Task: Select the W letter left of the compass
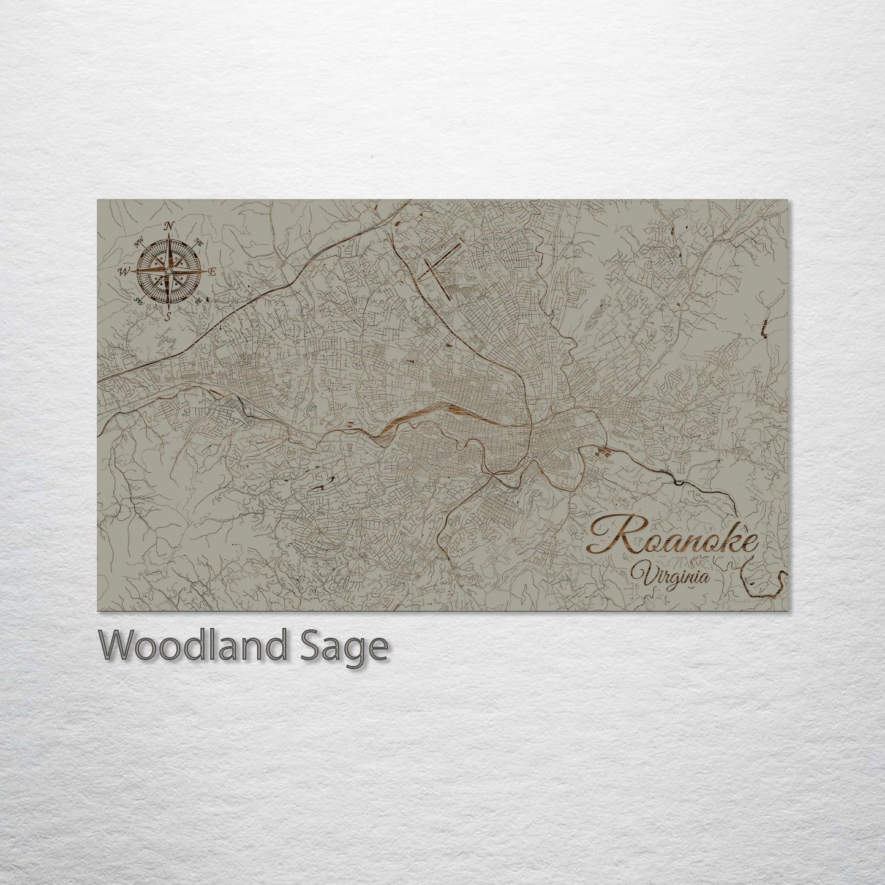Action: tap(124, 271)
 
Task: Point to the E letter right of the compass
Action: tap(213, 271)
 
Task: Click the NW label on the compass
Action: tap(138, 241)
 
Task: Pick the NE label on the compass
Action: tap(198, 241)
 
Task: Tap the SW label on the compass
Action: tap(139, 301)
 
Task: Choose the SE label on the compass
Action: tap(198, 301)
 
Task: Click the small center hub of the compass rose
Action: tap(169, 271)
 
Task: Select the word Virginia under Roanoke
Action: tap(672, 576)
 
